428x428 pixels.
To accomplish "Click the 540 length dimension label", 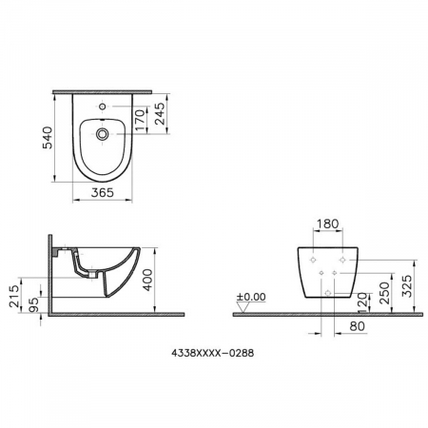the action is click(48, 138).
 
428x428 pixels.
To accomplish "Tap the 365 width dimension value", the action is click(103, 192).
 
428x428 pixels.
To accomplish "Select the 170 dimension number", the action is click(140, 120).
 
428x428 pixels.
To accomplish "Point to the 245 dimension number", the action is click(160, 113).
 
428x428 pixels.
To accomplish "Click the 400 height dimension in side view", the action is click(147, 280).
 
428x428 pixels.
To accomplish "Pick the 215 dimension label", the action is click(14, 296).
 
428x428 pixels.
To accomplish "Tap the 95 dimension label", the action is click(33, 304).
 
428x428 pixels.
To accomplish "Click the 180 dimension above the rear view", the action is click(328, 224).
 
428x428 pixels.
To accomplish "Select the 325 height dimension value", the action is click(407, 286).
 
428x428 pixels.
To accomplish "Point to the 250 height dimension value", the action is click(384, 293).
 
